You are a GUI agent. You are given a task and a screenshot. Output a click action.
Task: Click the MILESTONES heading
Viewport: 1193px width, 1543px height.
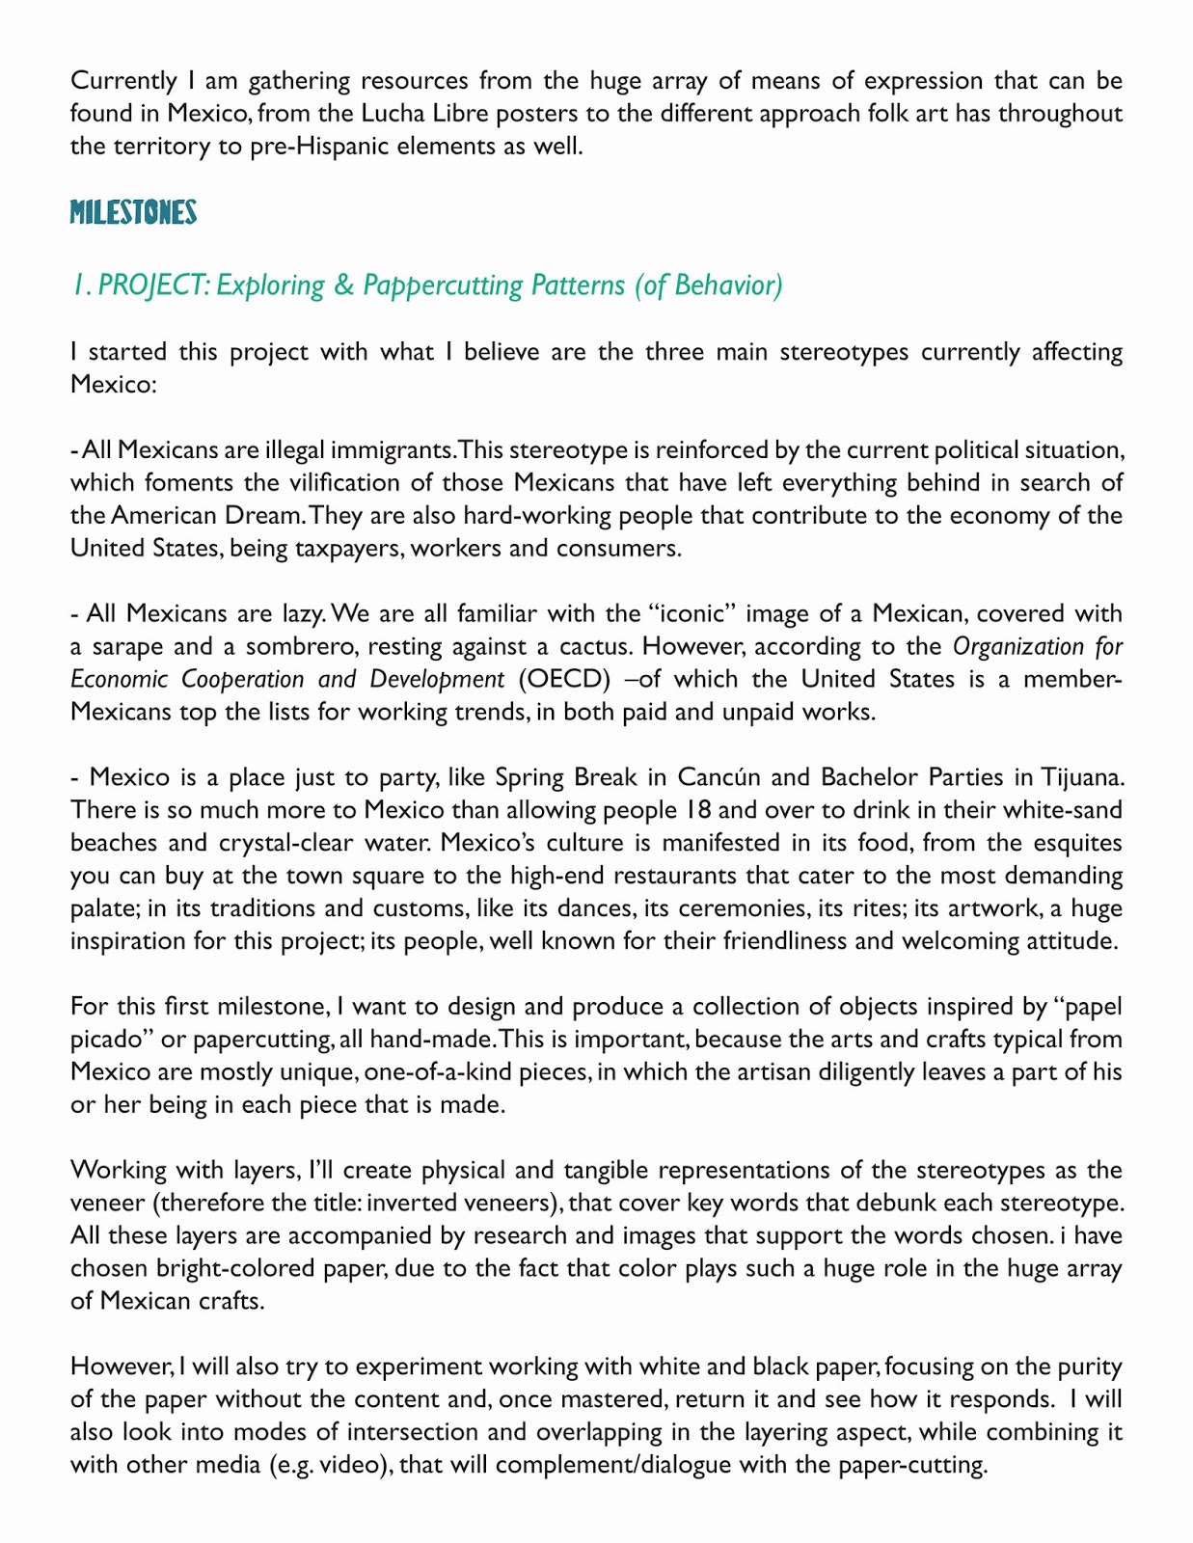pos(133,213)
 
